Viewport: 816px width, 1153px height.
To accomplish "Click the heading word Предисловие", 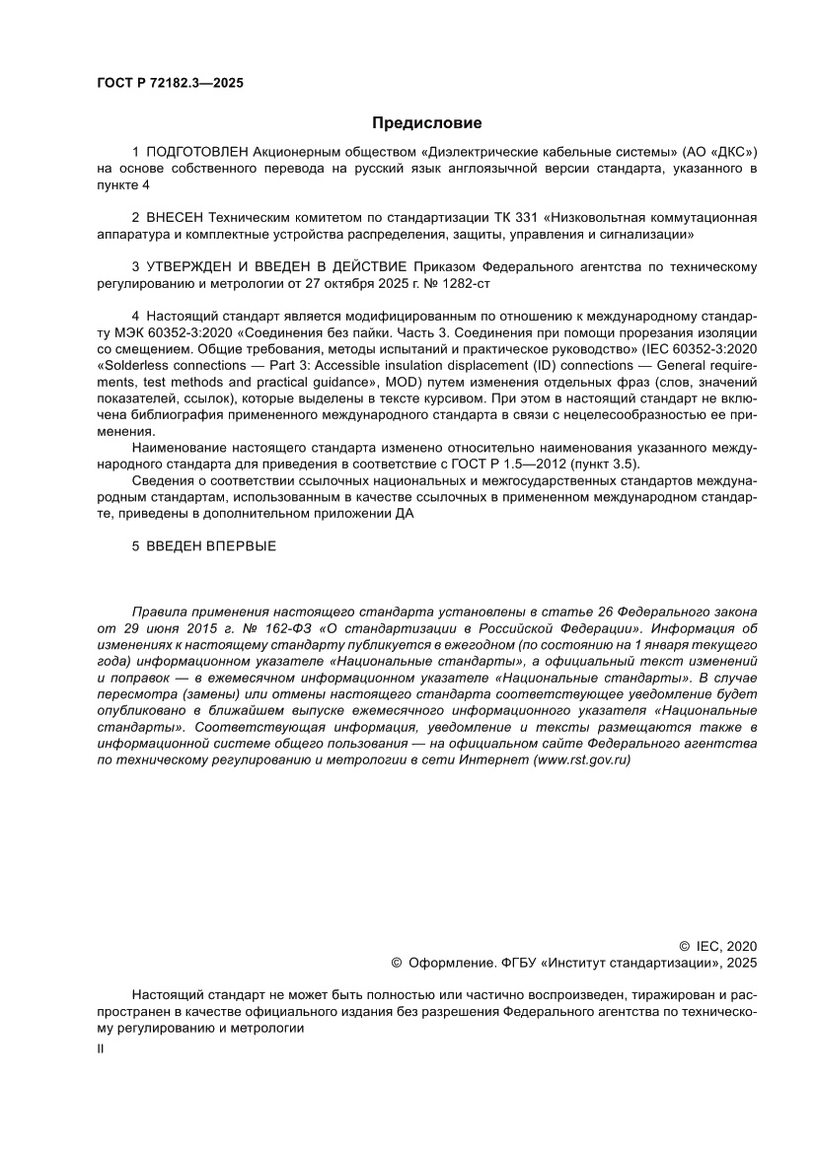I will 426,123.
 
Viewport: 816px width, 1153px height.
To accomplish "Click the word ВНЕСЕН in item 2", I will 175,218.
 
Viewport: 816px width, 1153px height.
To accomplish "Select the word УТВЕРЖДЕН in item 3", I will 190,266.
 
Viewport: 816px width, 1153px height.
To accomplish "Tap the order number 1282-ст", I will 464,282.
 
